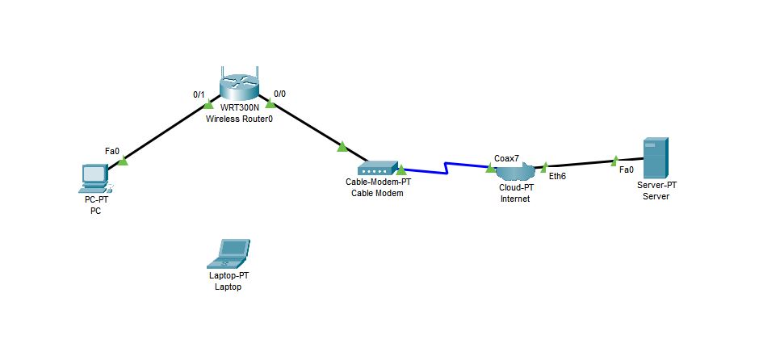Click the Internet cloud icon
click(515, 172)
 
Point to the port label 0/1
click(199, 94)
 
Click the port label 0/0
click(279, 94)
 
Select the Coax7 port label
click(505, 158)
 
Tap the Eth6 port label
click(557, 176)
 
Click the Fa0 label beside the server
click(626, 170)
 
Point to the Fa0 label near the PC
click(112, 151)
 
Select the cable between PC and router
click(166, 132)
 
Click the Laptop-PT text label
click(229, 276)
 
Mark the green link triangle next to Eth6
click(545, 167)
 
